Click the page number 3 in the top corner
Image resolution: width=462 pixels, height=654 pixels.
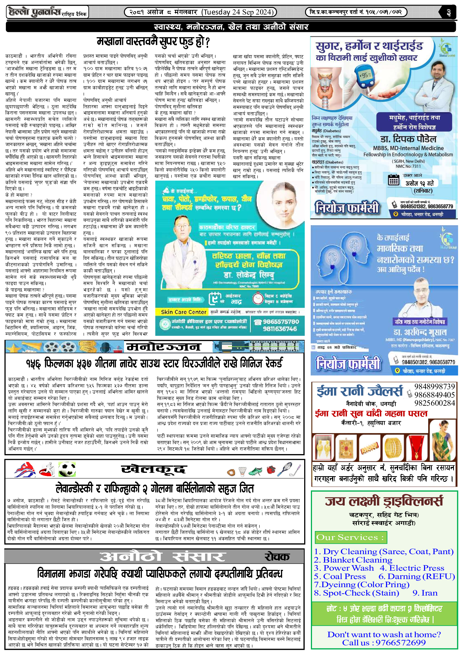[448, 12]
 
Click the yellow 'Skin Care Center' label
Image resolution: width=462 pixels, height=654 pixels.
[183, 312]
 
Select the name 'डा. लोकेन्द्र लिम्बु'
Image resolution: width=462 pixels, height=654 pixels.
[249, 275]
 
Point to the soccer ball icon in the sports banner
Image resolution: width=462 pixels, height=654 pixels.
[67, 470]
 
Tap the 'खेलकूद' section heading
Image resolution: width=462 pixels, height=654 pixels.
[154, 469]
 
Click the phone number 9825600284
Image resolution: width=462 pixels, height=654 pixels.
[434, 403]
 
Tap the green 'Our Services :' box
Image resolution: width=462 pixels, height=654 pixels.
[351, 537]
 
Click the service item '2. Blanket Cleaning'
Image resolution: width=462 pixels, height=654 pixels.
[353, 560]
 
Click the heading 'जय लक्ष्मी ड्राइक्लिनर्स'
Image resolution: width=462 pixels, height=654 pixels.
[384, 501]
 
